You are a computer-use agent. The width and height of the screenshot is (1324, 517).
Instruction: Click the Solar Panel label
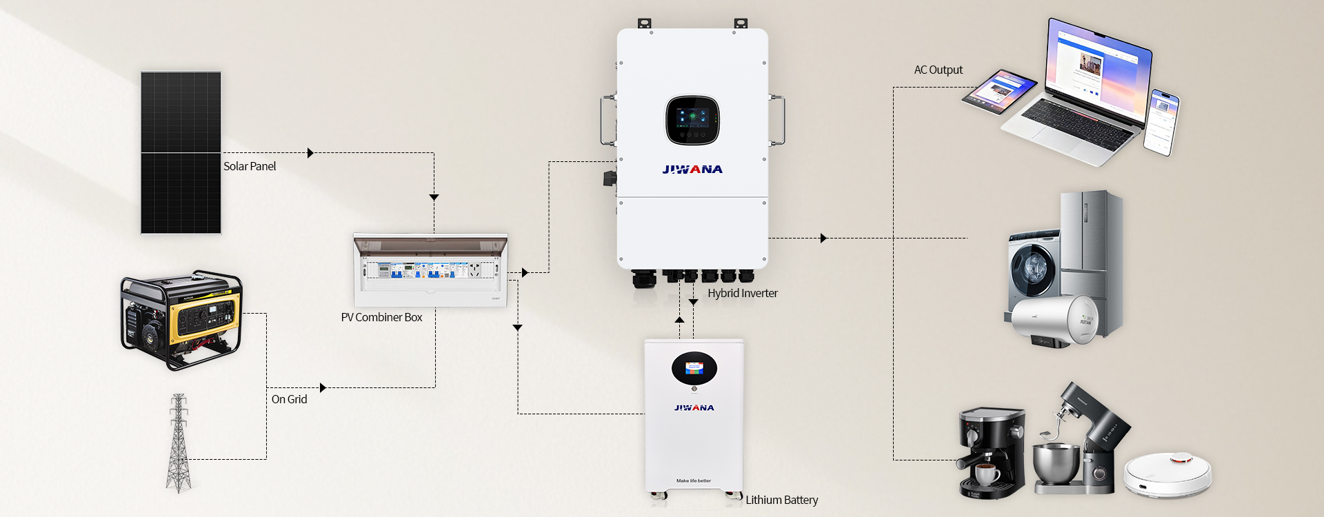(249, 166)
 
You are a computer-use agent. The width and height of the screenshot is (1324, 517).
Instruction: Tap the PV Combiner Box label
(381, 317)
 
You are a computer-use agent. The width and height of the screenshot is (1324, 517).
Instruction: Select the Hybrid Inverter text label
(742, 293)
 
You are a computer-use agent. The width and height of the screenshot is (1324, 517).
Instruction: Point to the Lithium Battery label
(781, 500)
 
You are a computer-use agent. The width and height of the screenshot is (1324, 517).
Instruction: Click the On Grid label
(289, 399)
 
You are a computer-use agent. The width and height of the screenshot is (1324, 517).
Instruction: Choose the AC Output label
(938, 70)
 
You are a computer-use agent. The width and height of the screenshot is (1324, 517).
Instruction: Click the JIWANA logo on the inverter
(692, 170)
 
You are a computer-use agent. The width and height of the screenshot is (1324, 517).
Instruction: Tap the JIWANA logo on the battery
(694, 408)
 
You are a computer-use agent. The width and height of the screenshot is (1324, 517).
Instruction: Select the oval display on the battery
(694, 369)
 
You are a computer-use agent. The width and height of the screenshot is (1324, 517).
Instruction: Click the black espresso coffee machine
(990, 452)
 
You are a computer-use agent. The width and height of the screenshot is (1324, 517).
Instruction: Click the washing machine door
(1032, 266)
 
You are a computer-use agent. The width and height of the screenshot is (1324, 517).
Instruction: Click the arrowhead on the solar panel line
(310, 153)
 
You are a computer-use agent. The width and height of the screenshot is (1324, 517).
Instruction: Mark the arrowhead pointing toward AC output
(823, 238)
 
